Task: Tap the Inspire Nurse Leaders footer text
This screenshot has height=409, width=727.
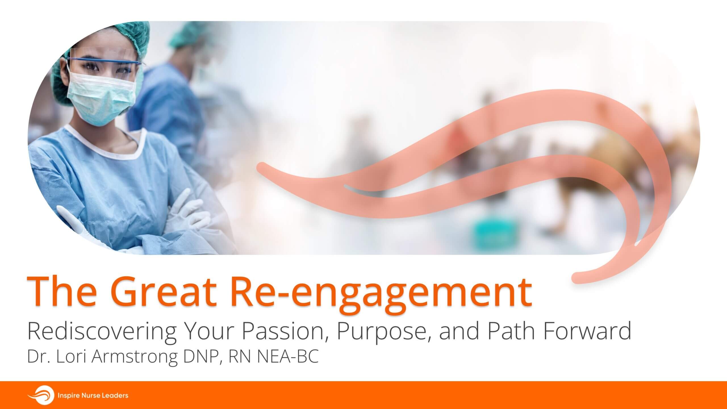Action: click(93, 395)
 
